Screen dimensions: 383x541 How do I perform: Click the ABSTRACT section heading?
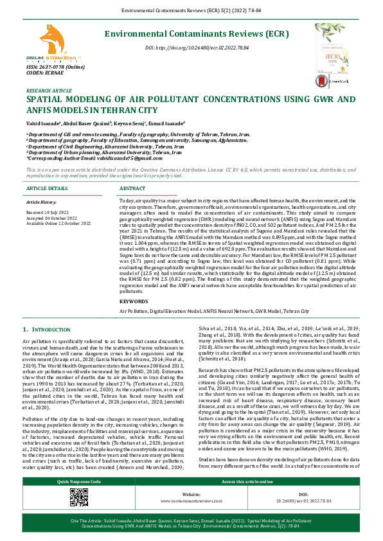point(133,188)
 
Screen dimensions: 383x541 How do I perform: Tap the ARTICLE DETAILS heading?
point(46,188)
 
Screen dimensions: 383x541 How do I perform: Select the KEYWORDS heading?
point(134,300)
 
